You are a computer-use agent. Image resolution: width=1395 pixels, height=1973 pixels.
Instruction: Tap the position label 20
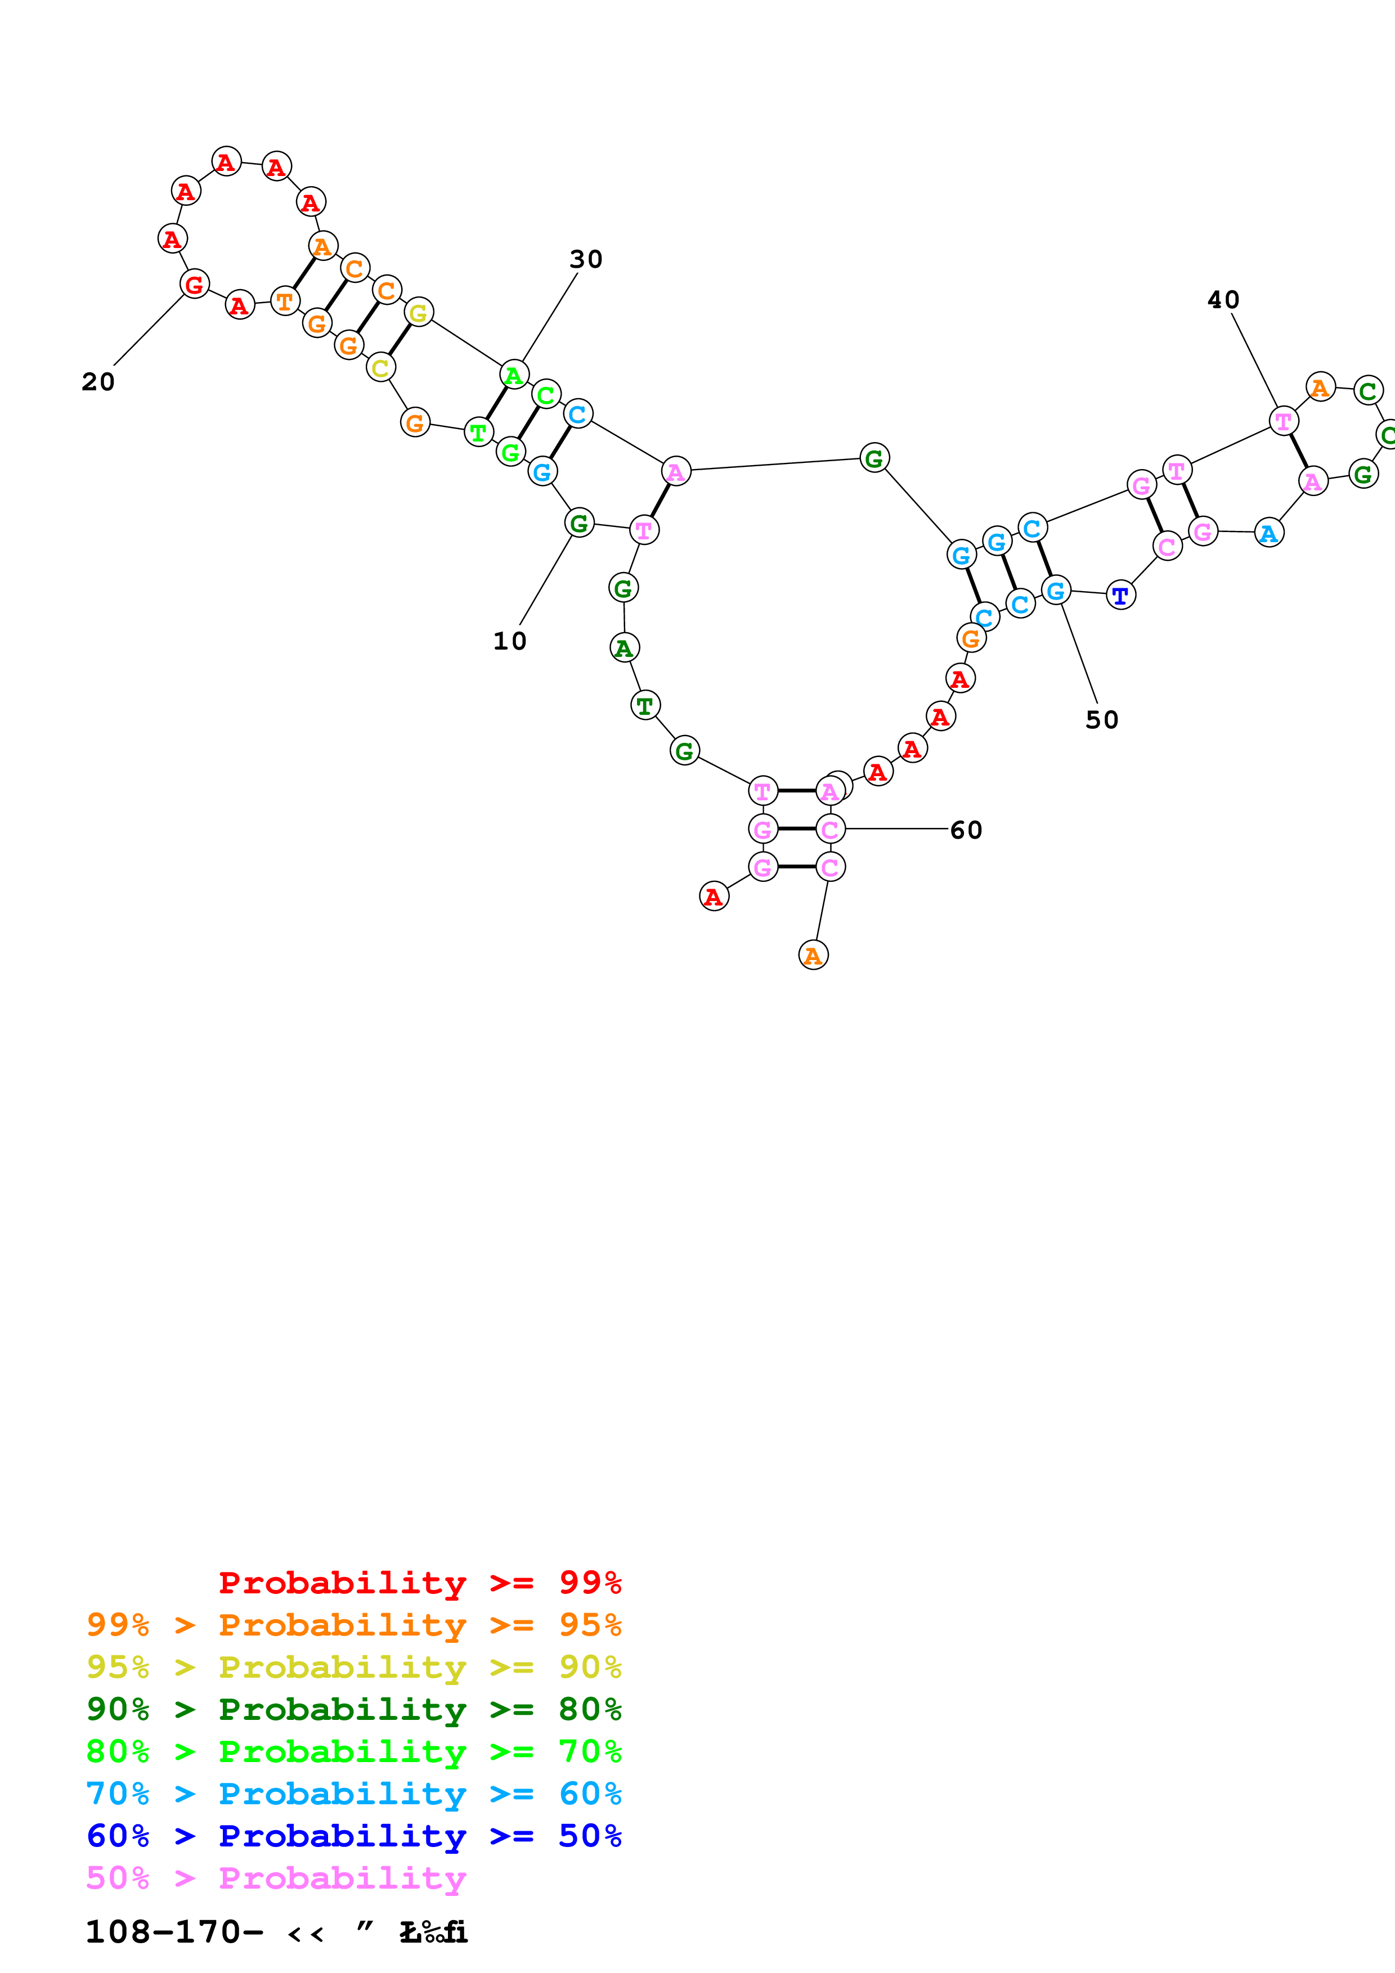tap(98, 381)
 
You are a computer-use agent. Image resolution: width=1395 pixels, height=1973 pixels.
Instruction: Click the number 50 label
tap(1101, 720)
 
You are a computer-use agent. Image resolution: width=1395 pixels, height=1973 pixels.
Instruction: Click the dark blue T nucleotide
tap(1120, 594)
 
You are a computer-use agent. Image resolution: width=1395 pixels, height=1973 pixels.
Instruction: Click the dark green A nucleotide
tap(624, 648)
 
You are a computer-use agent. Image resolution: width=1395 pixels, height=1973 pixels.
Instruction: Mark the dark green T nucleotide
tap(645, 705)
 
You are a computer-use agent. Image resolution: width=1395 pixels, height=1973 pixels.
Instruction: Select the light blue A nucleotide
tap(1268, 534)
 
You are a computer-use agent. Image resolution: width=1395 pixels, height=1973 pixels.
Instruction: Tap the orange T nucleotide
tap(285, 301)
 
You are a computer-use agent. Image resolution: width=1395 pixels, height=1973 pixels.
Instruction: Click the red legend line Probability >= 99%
tap(419, 1583)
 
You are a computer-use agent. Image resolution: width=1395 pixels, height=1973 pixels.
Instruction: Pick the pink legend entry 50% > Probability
tap(276, 1879)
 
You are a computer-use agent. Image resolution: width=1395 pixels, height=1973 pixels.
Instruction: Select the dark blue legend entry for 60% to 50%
tap(353, 1836)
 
